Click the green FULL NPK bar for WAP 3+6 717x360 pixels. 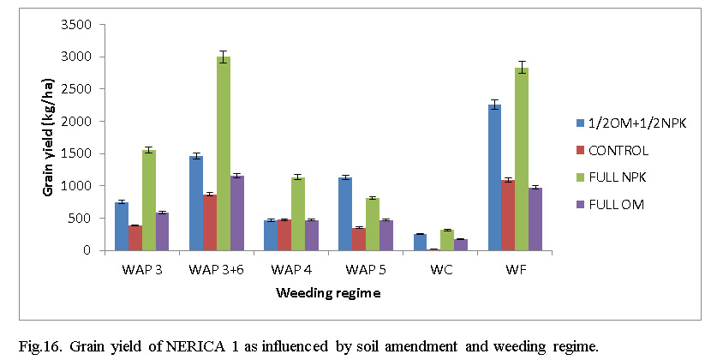[223, 153]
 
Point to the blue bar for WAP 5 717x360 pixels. [346, 214]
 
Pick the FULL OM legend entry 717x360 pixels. [615, 204]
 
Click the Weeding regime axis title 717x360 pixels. [328, 293]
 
